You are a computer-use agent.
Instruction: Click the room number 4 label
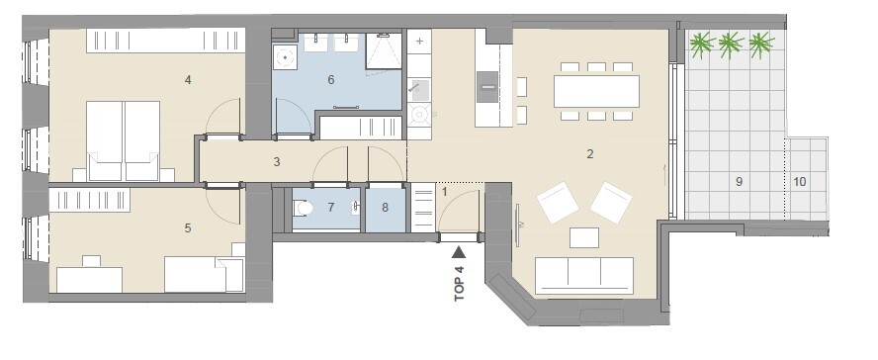(188, 80)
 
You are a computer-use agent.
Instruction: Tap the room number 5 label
(188, 227)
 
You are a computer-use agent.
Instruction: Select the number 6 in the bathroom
(331, 80)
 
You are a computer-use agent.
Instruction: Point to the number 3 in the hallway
(277, 162)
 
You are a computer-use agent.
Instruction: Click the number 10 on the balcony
(800, 181)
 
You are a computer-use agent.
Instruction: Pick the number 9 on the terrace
(740, 181)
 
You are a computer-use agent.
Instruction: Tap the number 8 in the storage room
(386, 208)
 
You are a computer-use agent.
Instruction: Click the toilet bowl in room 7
(304, 209)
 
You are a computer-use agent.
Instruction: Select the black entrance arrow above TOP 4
(459, 252)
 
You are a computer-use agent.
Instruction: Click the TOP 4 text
(460, 282)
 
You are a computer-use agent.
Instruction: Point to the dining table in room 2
(596, 91)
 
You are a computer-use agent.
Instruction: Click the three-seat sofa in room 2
(584, 276)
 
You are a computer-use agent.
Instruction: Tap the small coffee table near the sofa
(584, 237)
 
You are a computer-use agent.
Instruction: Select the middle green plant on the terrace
(731, 45)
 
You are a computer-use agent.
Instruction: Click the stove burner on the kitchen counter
(418, 115)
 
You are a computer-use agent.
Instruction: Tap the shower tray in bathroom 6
(384, 51)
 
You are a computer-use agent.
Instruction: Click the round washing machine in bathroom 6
(286, 56)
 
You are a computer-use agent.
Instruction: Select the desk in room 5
(90, 279)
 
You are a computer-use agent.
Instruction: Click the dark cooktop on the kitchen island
(487, 87)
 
